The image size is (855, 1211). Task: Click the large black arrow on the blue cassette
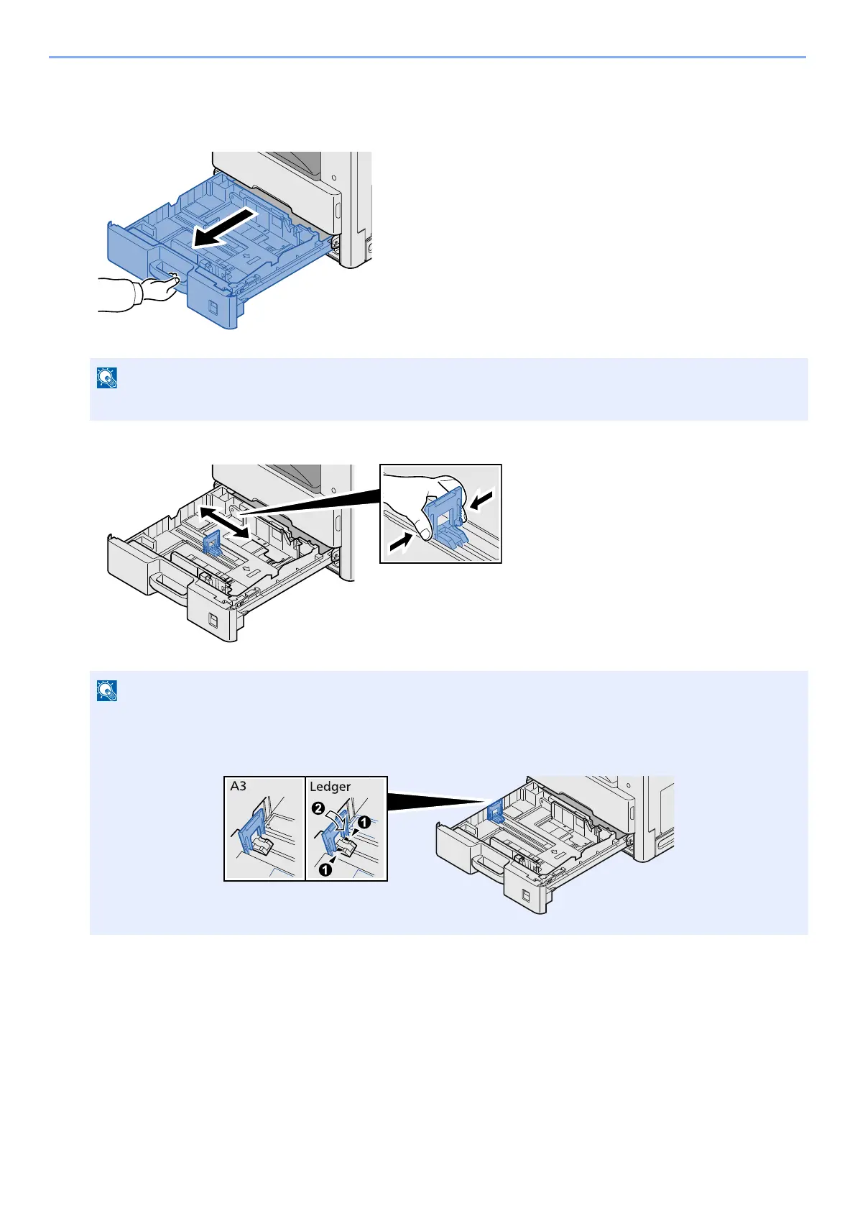pos(223,228)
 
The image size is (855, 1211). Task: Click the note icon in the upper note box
pos(106,378)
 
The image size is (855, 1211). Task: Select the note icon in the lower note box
pos(106,690)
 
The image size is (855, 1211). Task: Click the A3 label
pos(239,786)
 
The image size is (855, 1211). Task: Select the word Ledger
pos(330,787)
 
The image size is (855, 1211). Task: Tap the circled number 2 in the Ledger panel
pos(317,808)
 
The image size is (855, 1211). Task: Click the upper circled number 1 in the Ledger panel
pos(365,823)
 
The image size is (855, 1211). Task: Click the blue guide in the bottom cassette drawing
pos(495,811)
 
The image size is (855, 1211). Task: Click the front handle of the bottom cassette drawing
pos(488,862)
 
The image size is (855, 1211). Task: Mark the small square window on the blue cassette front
pos(211,306)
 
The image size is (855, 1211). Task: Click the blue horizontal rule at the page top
pos(427,57)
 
